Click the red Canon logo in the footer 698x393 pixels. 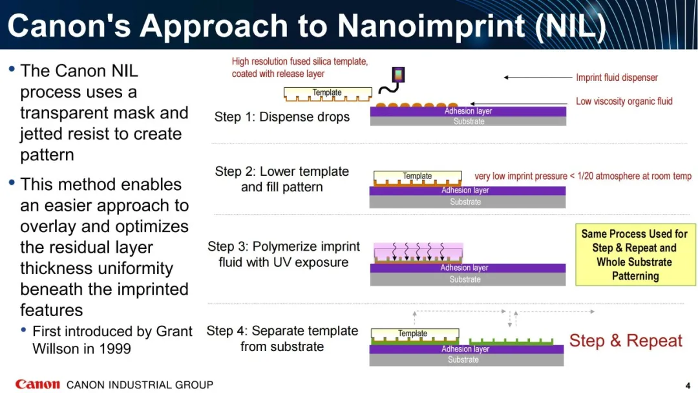37,384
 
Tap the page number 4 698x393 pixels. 688,385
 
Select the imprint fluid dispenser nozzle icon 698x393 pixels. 398,74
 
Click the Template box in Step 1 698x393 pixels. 328,94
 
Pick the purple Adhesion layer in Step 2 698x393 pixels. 467,191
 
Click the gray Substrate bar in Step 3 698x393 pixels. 468,279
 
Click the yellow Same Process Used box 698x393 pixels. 635,255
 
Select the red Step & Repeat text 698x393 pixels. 626,341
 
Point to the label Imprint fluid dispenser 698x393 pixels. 617,78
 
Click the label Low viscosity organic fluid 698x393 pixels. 624,101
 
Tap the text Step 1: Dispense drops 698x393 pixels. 282,117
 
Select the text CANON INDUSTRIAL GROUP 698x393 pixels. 140,385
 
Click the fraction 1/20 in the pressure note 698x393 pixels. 587,176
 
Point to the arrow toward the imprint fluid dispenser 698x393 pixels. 538,78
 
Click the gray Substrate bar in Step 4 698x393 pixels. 467,359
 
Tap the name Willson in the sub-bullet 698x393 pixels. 54,348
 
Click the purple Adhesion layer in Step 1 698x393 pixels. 469,111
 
